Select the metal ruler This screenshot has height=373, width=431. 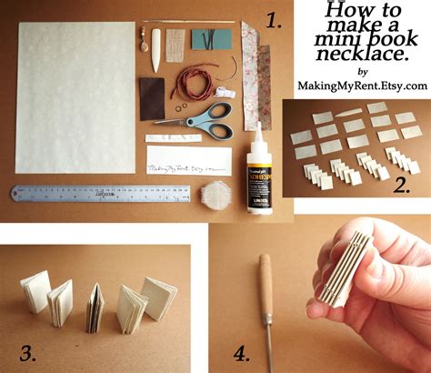[x=101, y=194]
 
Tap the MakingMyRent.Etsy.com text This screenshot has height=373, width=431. [x=362, y=85]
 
